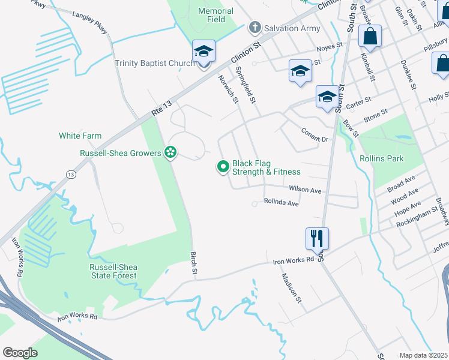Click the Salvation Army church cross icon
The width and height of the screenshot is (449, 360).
[x=255, y=27]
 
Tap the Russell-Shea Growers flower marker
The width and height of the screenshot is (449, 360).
[x=171, y=153]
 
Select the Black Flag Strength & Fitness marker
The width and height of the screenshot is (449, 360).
[x=223, y=167]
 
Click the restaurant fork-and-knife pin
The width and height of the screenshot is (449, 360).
[x=316, y=238]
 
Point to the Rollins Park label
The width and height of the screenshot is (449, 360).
[x=382, y=158]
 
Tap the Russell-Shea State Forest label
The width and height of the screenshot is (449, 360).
[x=113, y=272]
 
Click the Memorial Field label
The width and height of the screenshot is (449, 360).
[x=216, y=15]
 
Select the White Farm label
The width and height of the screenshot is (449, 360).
[x=80, y=136]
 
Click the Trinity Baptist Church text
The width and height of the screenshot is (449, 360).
[x=155, y=63]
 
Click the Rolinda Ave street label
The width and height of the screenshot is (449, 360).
[x=281, y=203]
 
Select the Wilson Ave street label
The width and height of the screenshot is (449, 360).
[x=305, y=190]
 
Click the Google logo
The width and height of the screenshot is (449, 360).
[x=20, y=352]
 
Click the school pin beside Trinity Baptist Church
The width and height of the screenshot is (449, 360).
[x=203, y=52]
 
